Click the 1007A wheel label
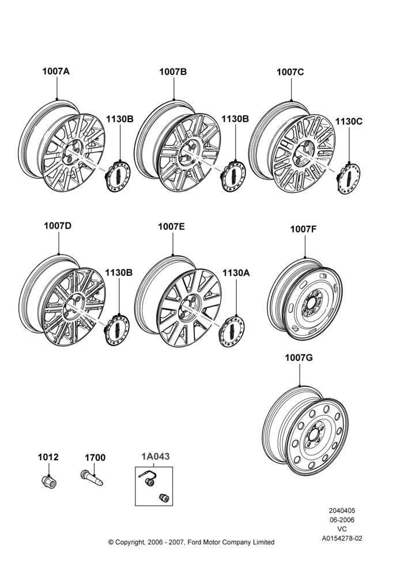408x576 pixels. [56, 71]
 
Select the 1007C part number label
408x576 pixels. [290, 72]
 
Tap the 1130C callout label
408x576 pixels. [349, 121]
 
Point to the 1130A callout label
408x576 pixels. [236, 272]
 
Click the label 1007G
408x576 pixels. [299, 358]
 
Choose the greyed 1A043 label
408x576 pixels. [156, 456]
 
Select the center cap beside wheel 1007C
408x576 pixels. [349, 179]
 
